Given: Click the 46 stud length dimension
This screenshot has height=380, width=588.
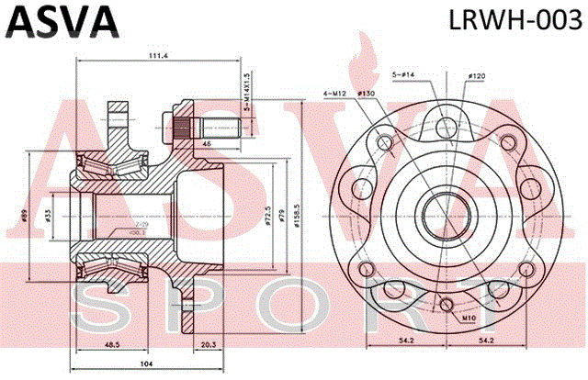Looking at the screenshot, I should (x=206, y=144).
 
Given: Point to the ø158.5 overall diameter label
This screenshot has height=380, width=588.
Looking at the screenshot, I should (x=296, y=213).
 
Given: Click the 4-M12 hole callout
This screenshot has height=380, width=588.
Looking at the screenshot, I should (x=334, y=94).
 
